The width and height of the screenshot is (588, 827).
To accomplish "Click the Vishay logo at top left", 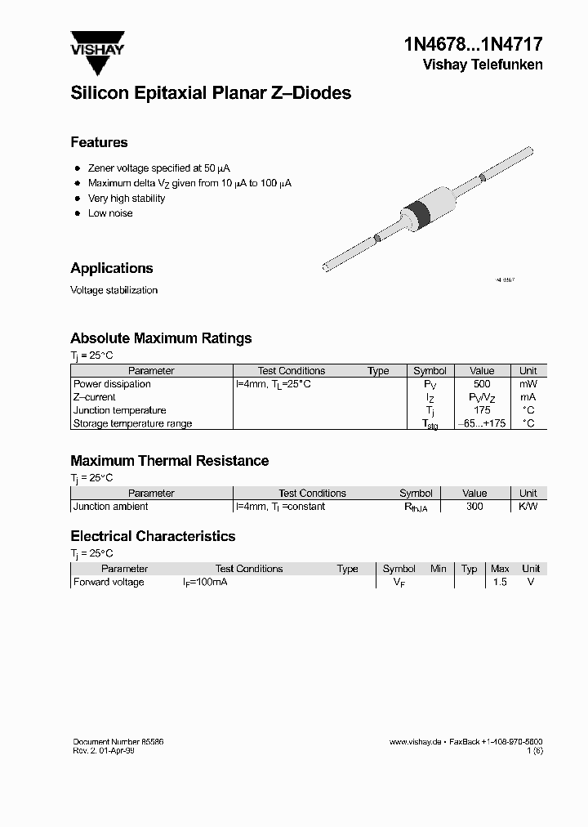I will pos(97,44).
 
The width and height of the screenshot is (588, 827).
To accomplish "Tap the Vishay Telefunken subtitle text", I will pos(482,65).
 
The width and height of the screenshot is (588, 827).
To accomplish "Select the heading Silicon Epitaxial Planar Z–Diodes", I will pos(211,93).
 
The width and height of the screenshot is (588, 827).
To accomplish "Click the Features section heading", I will pos(99,142).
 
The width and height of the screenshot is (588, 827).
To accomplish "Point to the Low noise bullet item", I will pos(110,213).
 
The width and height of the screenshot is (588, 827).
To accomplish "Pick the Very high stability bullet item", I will pos(127,199).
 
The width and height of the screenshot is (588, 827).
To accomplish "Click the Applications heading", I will pos(112,268).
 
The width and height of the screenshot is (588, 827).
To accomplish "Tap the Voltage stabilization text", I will pos(114,290).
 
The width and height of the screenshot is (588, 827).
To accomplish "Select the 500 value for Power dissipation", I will pos(482,384).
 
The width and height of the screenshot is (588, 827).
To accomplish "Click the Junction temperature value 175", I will pos(482,410).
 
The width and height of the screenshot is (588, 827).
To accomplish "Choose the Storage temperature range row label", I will pos(132,423).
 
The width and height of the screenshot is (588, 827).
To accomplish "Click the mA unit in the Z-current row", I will pos(528,397).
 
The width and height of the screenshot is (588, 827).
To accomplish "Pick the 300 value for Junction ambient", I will pos(474,507).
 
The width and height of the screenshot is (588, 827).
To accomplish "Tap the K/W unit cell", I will pos(528,507).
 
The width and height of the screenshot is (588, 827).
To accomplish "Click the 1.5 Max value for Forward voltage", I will pos(499,582).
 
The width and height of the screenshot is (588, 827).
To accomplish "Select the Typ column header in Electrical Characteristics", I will pos(469,569).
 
